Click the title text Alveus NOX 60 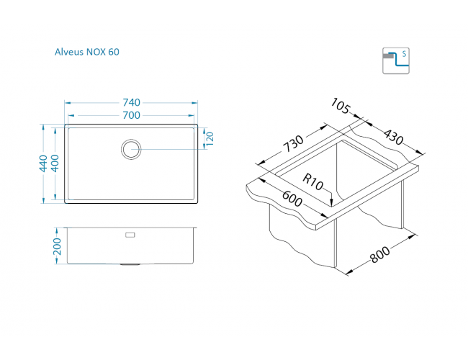pos(86,52)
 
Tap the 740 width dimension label pos(130,102)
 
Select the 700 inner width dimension pos(130,114)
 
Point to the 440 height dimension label pos(43,163)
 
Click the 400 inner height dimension pos(55,163)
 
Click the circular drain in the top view pos(130,149)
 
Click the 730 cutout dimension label pos(293,143)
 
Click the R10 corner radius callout pos(312,182)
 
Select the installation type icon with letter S pos(395,60)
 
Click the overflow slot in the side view pos(130,234)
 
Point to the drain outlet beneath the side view pos(130,265)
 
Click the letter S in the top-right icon pos(404,54)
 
